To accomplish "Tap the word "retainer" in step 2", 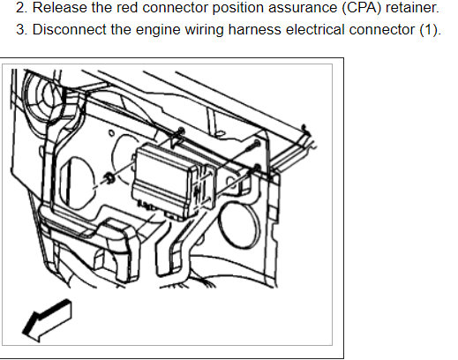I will click(406, 11).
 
